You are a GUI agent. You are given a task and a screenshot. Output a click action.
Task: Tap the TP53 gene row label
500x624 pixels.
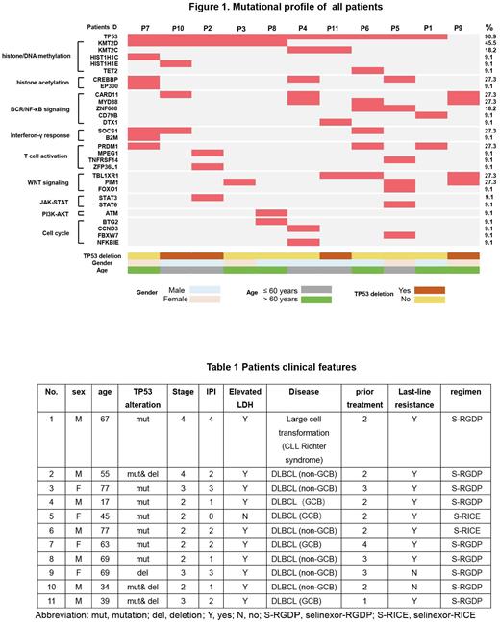pos(106,37)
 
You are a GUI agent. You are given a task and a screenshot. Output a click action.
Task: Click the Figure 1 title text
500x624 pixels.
pos(251,8)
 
